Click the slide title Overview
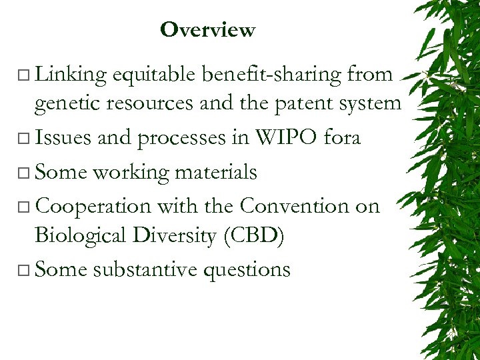(207, 30)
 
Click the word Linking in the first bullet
(71, 75)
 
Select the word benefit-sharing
(273, 75)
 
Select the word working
(131, 172)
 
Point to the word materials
(216, 172)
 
